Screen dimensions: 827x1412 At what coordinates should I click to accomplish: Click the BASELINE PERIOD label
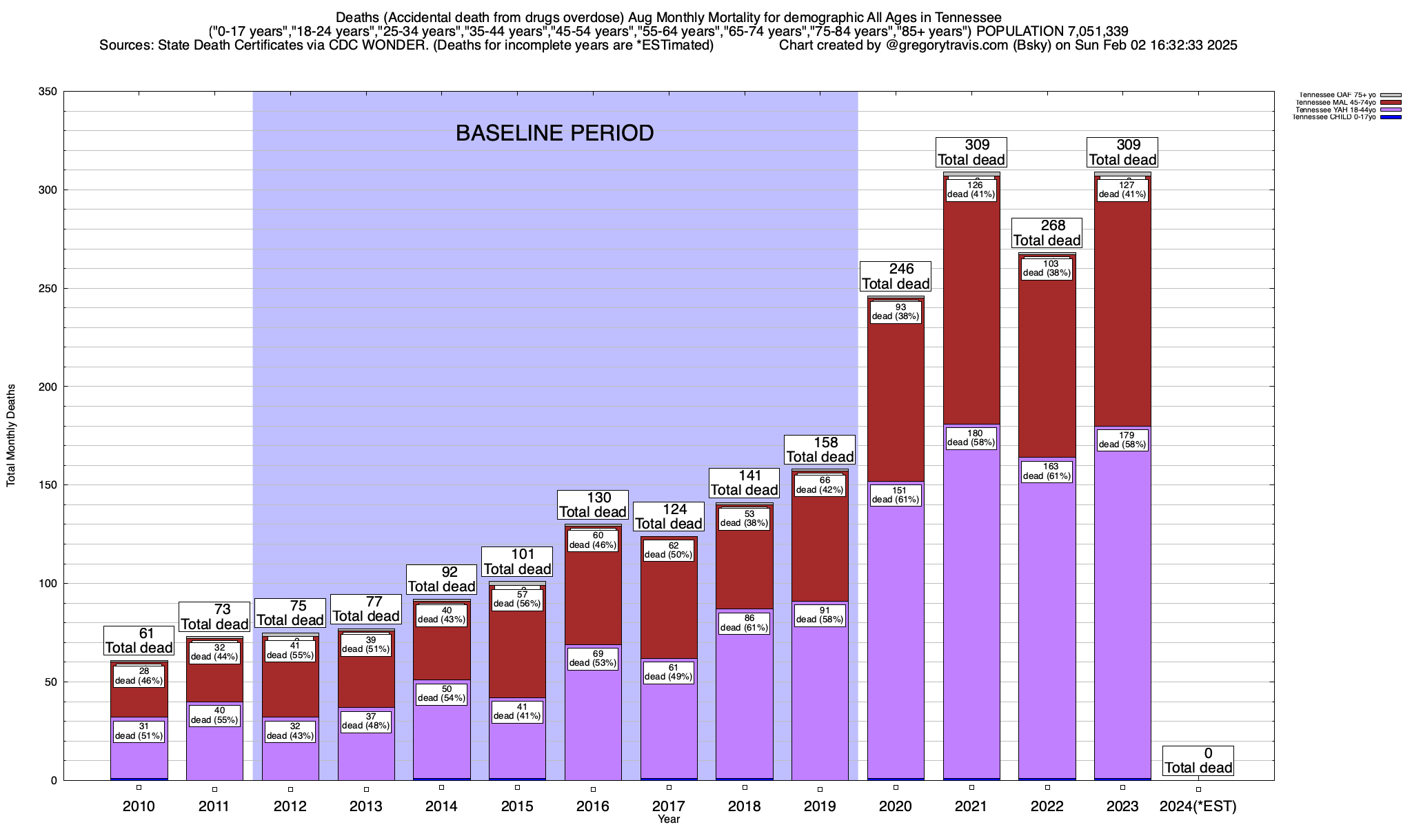click(x=554, y=133)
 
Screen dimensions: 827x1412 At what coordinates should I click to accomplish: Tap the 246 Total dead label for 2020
click(x=896, y=276)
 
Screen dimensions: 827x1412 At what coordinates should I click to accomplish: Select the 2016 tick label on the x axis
click(x=593, y=806)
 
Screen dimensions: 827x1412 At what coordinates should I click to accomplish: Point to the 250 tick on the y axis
click(x=48, y=288)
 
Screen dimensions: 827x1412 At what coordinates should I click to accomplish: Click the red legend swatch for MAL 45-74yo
click(x=1391, y=103)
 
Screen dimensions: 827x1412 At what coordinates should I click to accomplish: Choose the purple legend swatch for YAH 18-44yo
click(x=1391, y=110)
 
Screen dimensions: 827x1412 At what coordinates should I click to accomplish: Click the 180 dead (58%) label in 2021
click(x=971, y=438)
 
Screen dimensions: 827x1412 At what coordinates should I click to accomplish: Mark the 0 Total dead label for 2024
click(x=1198, y=761)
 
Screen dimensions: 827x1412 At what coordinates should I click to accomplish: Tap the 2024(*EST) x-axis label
click(x=1198, y=806)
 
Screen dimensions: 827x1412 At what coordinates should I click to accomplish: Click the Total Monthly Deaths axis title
click(x=11, y=436)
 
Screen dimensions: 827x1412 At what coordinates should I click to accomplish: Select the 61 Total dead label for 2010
click(x=139, y=640)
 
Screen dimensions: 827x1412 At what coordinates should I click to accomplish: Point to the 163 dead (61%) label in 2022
click(x=1047, y=471)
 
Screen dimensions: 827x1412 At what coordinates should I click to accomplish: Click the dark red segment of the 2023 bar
click(x=1122, y=310)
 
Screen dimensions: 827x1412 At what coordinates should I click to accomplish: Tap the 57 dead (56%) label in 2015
click(x=517, y=600)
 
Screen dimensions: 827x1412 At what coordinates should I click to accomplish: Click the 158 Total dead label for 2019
click(x=820, y=449)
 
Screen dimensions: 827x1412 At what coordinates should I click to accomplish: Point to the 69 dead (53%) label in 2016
click(x=593, y=659)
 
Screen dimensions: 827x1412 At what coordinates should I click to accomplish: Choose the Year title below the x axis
click(x=668, y=819)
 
